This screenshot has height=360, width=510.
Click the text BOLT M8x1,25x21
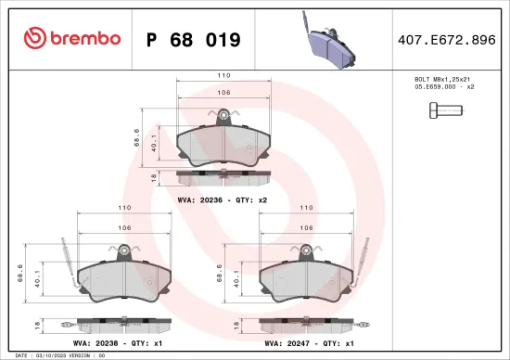click(441, 81)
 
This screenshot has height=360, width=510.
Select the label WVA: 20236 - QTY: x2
click(223, 199)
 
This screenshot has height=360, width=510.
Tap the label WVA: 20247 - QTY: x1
click(309, 342)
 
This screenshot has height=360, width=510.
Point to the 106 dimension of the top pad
click(223, 93)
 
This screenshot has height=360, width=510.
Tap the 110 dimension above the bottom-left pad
click(122, 209)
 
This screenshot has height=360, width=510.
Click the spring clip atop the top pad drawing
click(223, 116)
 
